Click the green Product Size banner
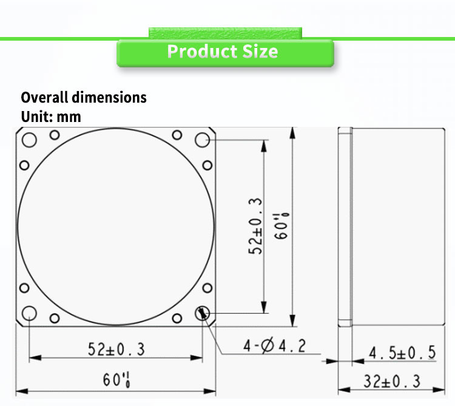224,52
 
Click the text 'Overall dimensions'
84,97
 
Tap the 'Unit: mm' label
51,116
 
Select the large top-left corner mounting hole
29,140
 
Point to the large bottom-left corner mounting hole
29,313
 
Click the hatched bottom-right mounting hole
202,313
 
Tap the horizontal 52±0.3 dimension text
116,350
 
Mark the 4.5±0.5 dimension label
402,353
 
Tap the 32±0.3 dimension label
393,381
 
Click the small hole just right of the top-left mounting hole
54,135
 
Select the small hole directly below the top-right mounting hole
207,165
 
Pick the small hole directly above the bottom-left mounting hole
24,288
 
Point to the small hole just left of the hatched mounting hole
177,318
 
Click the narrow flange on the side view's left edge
345,226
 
